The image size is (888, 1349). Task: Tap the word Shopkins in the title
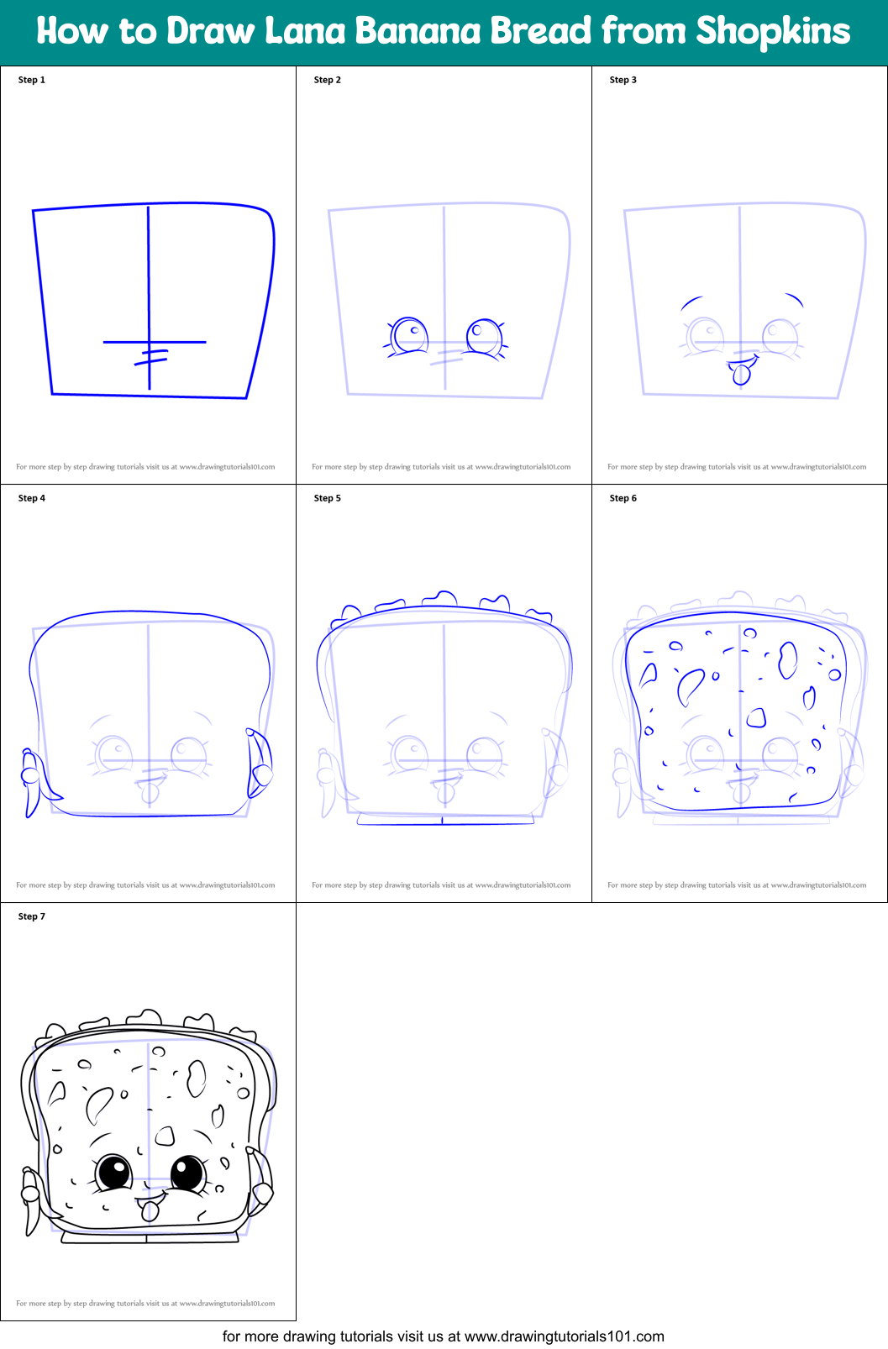point(773,30)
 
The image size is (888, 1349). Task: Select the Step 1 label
point(31,80)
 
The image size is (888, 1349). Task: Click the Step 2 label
point(327,80)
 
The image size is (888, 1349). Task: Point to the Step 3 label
point(623,80)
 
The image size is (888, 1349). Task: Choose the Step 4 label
point(31,498)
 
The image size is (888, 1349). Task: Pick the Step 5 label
point(327,498)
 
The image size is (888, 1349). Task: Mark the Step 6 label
point(623,498)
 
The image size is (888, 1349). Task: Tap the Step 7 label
point(31,916)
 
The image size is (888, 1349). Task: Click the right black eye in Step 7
point(188,1173)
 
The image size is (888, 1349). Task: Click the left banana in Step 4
point(33,780)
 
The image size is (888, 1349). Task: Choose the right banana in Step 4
point(259,762)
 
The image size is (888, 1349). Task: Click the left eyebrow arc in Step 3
point(691,302)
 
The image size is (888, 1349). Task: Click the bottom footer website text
point(444,1336)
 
